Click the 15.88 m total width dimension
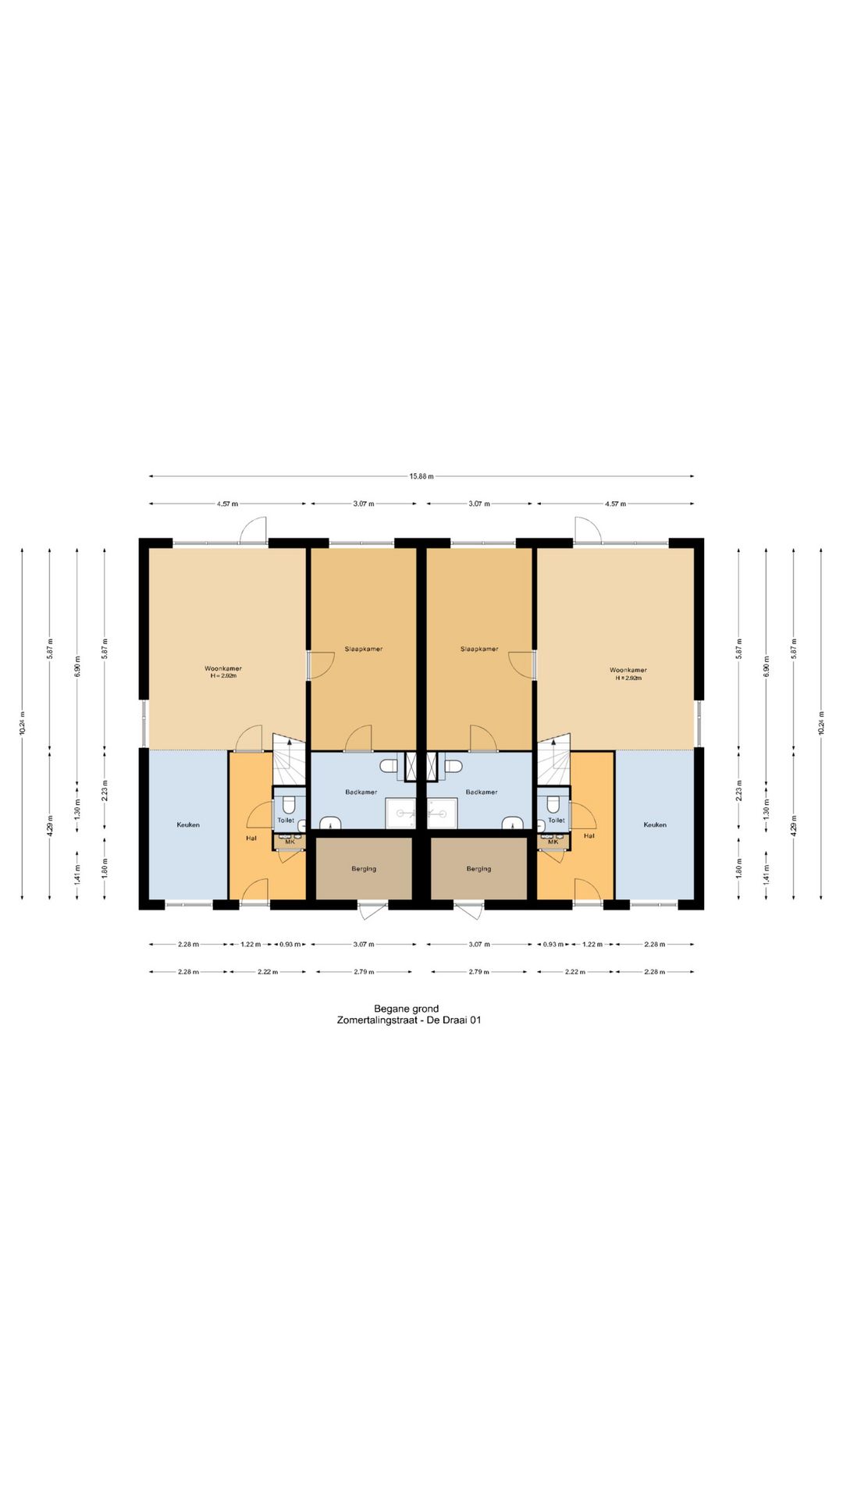click(x=421, y=476)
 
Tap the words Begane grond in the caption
click(x=406, y=1009)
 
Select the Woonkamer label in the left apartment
click(x=223, y=669)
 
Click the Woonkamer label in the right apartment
click(x=628, y=670)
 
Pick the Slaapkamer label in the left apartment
click(x=364, y=649)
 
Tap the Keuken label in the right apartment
click(x=655, y=824)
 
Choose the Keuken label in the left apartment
click(x=188, y=824)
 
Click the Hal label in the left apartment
click(x=251, y=838)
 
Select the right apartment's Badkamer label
click(x=481, y=792)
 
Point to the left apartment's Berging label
click(x=364, y=868)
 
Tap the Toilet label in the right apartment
click(x=556, y=820)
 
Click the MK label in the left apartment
click(x=290, y=842)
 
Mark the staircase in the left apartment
click(x=288, y=760)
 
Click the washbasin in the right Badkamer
click(x=511, y=821)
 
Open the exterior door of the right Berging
click(x=468, y=910)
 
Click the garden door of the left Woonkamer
click(x=253, y=530)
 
